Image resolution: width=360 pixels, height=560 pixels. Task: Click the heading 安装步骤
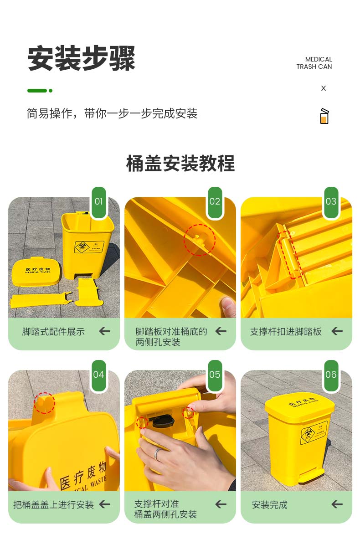pos(81,58)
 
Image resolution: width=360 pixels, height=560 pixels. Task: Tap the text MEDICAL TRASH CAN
pos(314,63)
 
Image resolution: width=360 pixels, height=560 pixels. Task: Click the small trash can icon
pos(324,116)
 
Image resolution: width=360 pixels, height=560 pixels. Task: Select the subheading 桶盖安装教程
pos(180,163)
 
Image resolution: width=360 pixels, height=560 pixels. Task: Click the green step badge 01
pos(99,202)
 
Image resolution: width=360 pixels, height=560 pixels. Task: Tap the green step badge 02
pos(215,202)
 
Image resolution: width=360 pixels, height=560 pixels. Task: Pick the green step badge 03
pos(331,202)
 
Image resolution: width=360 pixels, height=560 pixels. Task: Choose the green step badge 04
pos(99,375)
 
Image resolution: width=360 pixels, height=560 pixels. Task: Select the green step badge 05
pos(215,375)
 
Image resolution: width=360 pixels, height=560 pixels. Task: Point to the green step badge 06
pos(331,375)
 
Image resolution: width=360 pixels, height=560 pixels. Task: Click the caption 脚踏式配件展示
pos(53,332)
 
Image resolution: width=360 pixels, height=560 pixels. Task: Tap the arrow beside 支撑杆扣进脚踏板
pos(337,331)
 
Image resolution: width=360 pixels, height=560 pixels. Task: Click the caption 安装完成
pos(269,505)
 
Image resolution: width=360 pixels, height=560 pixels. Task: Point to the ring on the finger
pos(158,454)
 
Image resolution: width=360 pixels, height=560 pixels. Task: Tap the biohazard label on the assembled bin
pos(314,432)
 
